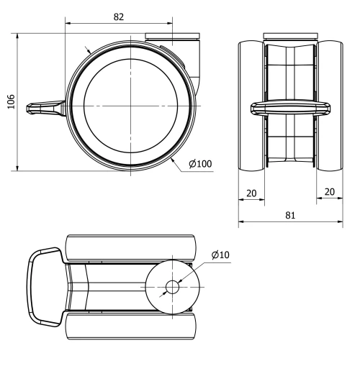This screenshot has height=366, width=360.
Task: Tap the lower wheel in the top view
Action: click(x=130, y=327)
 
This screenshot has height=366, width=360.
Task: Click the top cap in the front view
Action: click(x=290, y=37)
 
